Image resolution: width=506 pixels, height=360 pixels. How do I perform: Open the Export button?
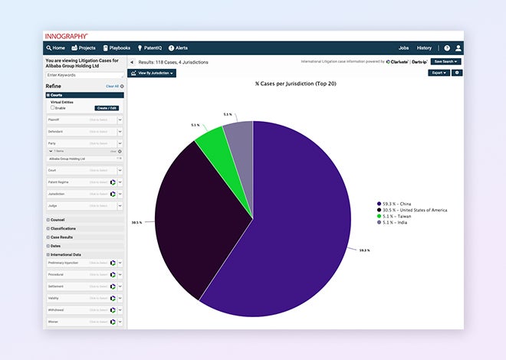click(439, 73)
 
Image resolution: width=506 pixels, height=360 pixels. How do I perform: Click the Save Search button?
click(445, 61)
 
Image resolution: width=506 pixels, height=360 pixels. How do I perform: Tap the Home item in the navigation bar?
click(55, 47)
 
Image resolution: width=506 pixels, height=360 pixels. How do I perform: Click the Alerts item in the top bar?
click(178, 47)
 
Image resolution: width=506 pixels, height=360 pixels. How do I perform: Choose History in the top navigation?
click(424, 47)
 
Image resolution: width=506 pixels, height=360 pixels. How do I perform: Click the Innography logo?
click(66, 36)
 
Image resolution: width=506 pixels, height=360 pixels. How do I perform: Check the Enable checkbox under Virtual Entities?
click(52, 108)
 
